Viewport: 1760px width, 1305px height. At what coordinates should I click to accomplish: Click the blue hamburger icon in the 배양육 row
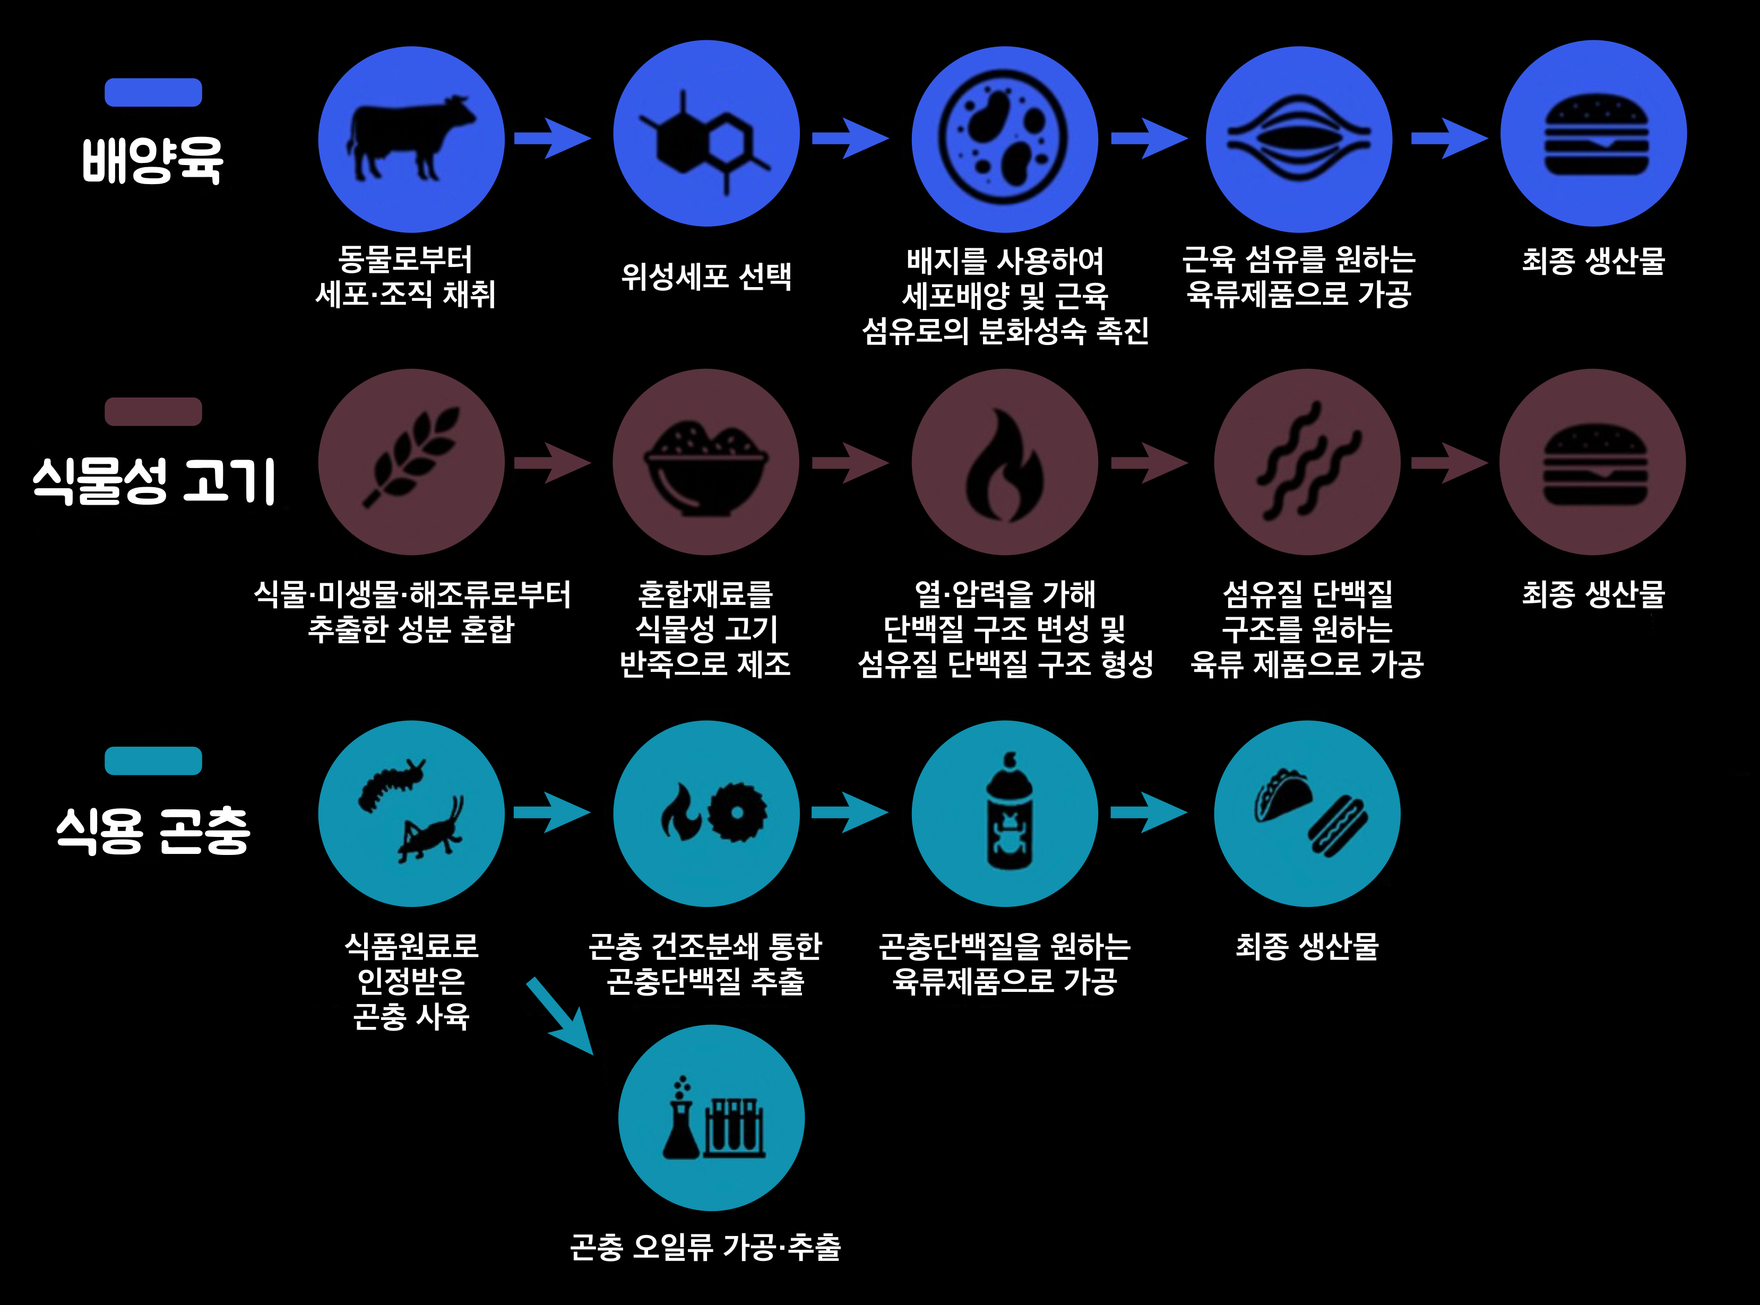[x=1594, y=134]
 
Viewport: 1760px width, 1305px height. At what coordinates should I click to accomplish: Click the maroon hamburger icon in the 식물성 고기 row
[x=1594, y=463]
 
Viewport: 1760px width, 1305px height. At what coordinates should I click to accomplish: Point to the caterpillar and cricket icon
[x=411, y=812]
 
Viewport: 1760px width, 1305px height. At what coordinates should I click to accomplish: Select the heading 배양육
[x=152, y=160]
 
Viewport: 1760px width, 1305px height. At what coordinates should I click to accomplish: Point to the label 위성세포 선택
[x=705, y=276]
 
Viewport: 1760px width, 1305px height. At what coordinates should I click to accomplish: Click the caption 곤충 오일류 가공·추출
[x=705, y=1247]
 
